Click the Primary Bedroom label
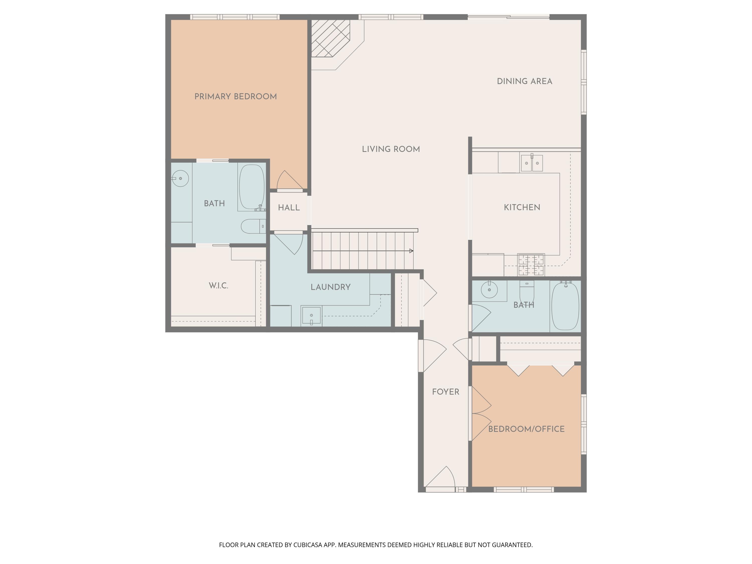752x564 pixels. [236, 97]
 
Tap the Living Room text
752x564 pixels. [391, 149]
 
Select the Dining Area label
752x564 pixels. [525, 81]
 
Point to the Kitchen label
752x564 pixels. [522, 207]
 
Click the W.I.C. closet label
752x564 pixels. [218, 286]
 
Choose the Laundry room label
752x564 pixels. [330, 287]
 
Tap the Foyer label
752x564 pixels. [446, 392]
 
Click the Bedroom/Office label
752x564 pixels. [526, 429]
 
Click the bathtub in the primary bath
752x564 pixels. [252, 187]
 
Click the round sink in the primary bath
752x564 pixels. [180, 178]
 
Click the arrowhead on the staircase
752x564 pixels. [411, 251]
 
